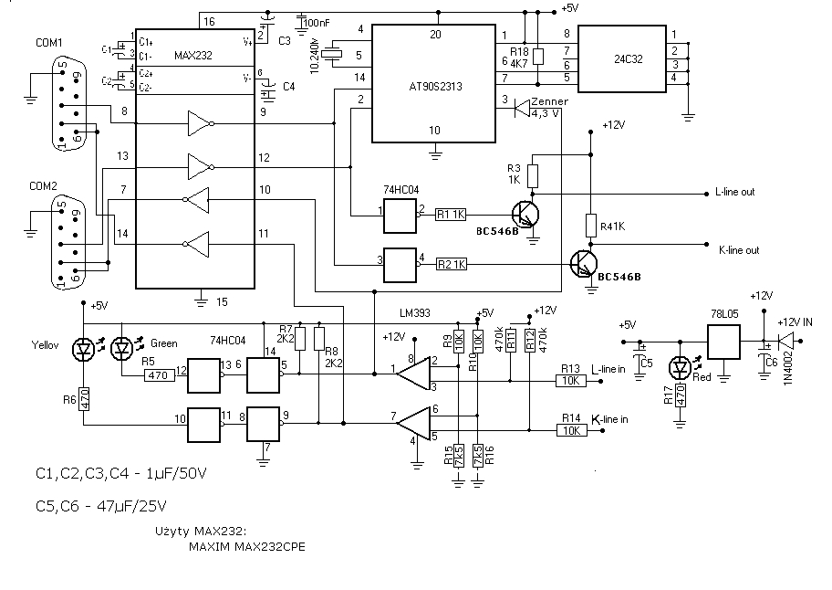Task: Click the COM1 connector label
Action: pyautogui.click(x=48, y=43)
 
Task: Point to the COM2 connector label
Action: pyautogui.click(x=43, y=186)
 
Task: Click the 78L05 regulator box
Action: pyautogui.click(x=723, y=344)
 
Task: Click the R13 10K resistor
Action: pyautogui.click(x=571, y=381)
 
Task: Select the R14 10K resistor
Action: pyautogui.click(x=571, y=429)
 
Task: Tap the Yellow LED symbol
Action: pyautogui.click(x=85, y=348)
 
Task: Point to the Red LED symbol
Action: pyautogui.click(x=680, y=368)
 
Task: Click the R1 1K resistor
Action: pyautogui.click(x=451, y=214)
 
